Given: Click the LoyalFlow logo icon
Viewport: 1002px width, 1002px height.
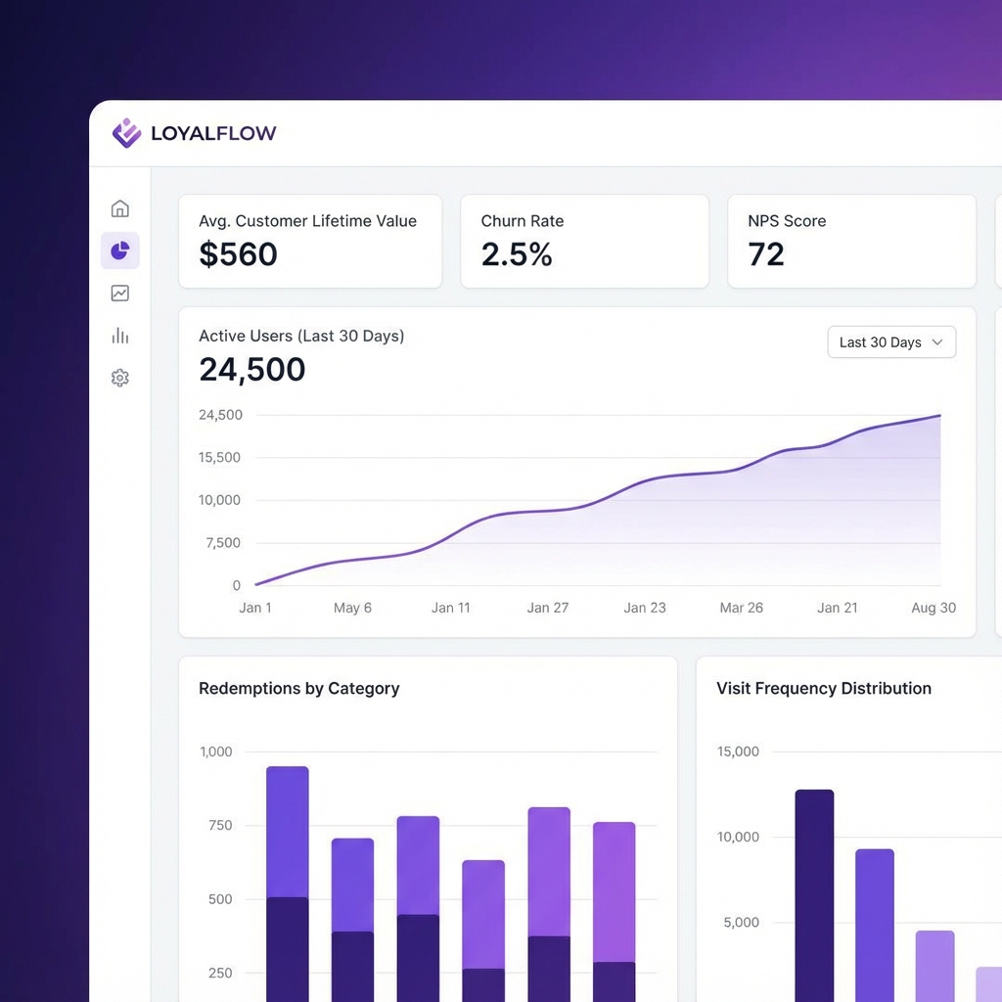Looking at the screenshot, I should [126, 133].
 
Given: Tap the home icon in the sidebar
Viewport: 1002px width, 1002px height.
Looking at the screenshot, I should [119, 208].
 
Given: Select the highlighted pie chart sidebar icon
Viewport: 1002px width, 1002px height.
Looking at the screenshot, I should [119, 251].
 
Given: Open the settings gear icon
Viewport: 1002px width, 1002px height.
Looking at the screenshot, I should [119, 378].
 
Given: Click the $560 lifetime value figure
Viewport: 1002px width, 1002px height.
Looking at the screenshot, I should [238, 254].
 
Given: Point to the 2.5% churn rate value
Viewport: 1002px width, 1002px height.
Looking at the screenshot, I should [517, 254].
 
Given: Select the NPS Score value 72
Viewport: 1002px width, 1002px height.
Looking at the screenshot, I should [766, 254].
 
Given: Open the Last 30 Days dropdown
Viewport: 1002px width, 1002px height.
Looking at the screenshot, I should [890, 342].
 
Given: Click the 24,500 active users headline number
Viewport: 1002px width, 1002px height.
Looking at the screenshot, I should [252, 370].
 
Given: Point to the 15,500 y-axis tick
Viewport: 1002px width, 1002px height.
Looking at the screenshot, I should [219, 457].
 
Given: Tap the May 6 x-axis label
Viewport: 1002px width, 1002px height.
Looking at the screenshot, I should [352, 608].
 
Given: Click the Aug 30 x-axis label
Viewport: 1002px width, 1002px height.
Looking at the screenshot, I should [934, 608].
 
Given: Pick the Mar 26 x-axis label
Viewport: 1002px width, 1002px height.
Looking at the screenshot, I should [741, 608].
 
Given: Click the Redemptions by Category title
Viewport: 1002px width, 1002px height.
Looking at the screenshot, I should [298, 689].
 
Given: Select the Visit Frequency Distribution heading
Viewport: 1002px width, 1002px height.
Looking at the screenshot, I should [823, 689].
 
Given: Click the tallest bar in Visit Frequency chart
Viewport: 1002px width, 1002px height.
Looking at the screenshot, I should [814, 890].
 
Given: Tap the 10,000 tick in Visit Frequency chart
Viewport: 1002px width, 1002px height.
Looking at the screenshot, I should [738, 837].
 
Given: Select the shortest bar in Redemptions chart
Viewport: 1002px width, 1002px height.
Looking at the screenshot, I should [483, 930].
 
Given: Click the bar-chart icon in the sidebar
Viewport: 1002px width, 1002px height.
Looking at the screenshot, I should [119, 336].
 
